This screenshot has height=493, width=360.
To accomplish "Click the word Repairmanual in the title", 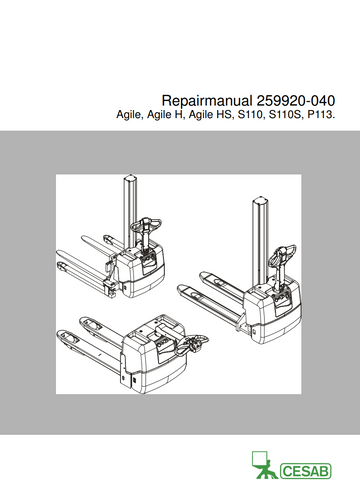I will (x=208, y=101).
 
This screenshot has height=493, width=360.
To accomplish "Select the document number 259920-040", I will (x=296, y=101).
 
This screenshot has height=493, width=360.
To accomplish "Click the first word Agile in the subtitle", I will (x=131, y=118).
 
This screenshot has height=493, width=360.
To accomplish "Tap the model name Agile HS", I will (x=213, y=118).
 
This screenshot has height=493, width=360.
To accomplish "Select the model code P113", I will (x=323, y=118).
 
